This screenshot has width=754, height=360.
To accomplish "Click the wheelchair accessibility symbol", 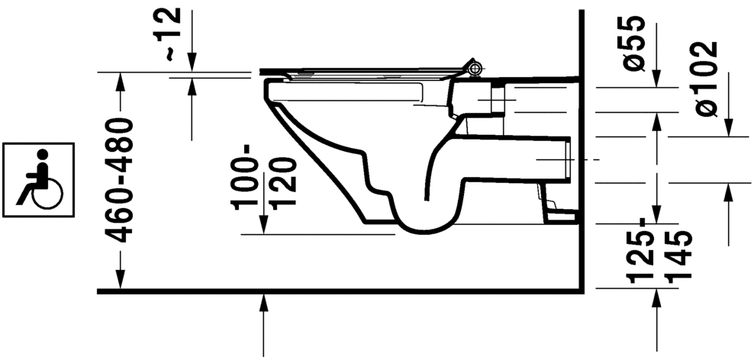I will click(38, 175).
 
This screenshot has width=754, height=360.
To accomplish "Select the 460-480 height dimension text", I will click(119, 180).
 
